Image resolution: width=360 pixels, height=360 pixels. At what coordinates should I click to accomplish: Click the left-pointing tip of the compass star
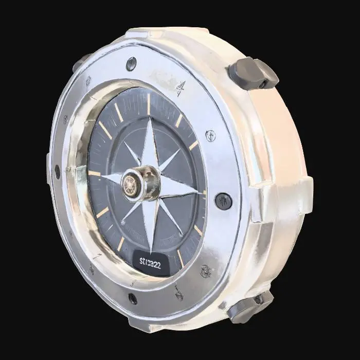point(101,176)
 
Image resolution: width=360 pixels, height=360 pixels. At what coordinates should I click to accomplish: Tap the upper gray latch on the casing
point(255,73)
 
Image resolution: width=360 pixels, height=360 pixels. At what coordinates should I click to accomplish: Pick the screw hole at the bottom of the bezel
point(133,298)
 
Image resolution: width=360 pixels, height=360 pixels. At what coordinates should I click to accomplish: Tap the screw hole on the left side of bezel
point(57,172)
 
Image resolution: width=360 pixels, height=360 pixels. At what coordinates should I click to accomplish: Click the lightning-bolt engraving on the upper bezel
point(179,89)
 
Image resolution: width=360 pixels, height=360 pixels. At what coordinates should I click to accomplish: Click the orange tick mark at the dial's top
point(149,103)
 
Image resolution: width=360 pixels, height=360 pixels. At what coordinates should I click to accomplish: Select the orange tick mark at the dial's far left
point(94,173)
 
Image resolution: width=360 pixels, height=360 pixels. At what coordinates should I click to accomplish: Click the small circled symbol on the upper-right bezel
point(210,136)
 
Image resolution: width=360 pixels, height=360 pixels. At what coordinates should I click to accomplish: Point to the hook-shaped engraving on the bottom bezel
point(178,293)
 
